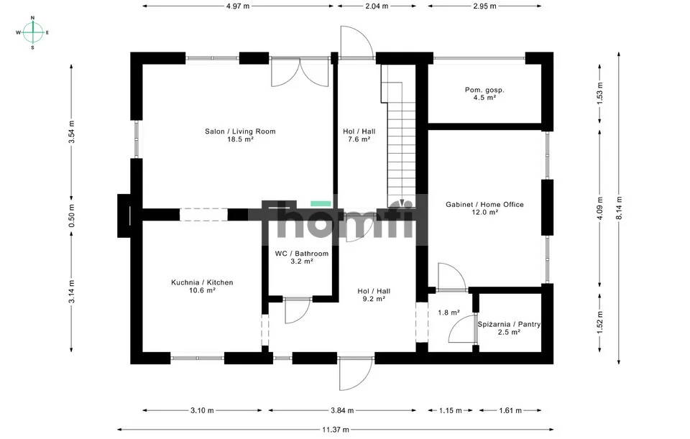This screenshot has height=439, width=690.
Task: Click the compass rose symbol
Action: [32, 32]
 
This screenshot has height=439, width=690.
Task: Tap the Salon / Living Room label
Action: [240, 131]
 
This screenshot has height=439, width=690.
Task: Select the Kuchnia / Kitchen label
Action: [202, 282]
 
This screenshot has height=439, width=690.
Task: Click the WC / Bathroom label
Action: [302, 254]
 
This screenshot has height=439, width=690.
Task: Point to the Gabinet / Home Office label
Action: [484, 204]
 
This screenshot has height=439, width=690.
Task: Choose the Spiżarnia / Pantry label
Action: [509, 324]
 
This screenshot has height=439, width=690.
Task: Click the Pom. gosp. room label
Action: [484, 91]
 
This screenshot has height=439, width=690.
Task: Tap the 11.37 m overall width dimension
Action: [336, 430]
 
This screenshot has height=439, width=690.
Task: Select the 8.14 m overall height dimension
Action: [619, 208]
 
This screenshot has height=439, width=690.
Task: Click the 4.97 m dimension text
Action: [238, 6]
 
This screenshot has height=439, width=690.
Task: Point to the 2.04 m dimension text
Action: [376, 6]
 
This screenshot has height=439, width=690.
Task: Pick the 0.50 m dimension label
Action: [72, 216]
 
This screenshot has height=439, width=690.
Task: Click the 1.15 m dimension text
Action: [451, 410]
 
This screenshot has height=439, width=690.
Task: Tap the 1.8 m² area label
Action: [448, 313]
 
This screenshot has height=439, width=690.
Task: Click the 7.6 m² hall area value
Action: [359, 139]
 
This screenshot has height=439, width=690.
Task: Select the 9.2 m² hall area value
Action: [374, 299]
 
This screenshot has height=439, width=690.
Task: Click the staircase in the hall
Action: [398, 137]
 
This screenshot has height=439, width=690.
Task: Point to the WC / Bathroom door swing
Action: [298, 311]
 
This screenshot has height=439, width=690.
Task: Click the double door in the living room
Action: [300, 72]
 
